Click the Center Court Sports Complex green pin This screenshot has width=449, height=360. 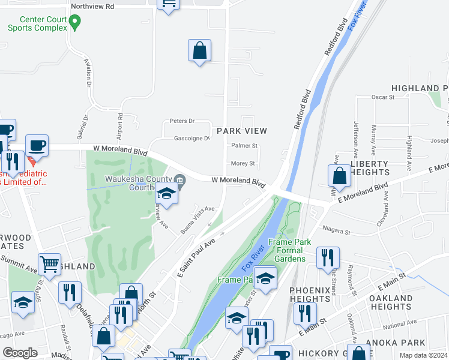tap(75, 23)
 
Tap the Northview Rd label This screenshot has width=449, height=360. tap(92, 7)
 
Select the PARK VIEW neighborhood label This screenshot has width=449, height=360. tap(241, 130)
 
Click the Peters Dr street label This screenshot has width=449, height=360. tap(182, 121)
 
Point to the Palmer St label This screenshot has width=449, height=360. tap(244, 145)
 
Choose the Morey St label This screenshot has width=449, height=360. tap(243, 163)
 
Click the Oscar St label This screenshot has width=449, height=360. tap(382, 96)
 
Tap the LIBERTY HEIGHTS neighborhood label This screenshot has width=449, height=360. tap(370, 168)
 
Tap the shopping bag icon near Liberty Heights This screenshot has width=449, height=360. tap(340, 176)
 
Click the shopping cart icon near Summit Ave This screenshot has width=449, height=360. tap(49, 263)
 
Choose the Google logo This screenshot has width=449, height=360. tap(20, 353)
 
